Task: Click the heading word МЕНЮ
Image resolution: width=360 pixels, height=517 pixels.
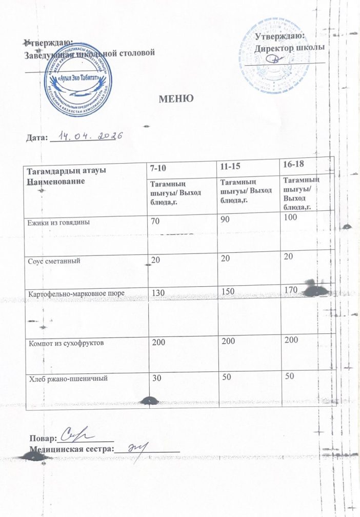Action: tap(176, 97)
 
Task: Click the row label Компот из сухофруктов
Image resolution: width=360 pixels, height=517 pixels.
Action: tap(68, 343)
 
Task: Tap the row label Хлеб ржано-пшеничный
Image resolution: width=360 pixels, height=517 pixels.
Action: tap(68, 379)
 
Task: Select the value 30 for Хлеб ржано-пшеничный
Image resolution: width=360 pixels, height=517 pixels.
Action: tap(154, 377)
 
